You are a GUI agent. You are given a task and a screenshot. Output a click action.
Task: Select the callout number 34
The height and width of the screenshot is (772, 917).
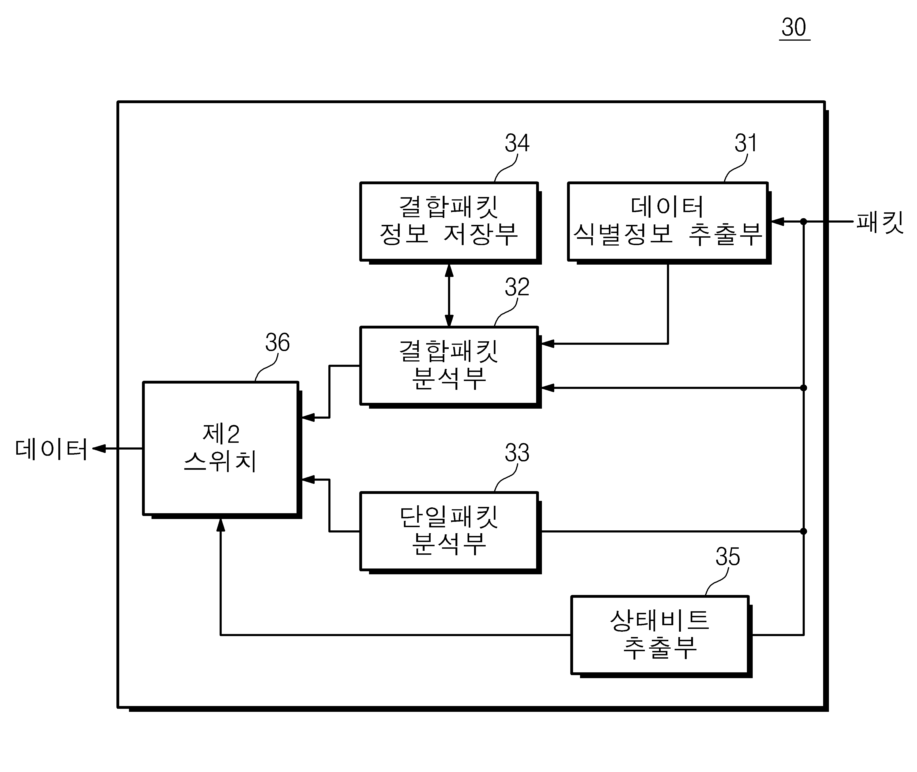click(517, 143)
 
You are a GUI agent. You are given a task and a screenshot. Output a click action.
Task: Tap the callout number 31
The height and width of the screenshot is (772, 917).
click(745, 143)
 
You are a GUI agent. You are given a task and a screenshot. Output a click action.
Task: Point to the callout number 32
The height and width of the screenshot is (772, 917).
click(517, 287)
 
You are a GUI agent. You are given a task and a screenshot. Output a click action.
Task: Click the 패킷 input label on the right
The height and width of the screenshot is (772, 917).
click(880, 222)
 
